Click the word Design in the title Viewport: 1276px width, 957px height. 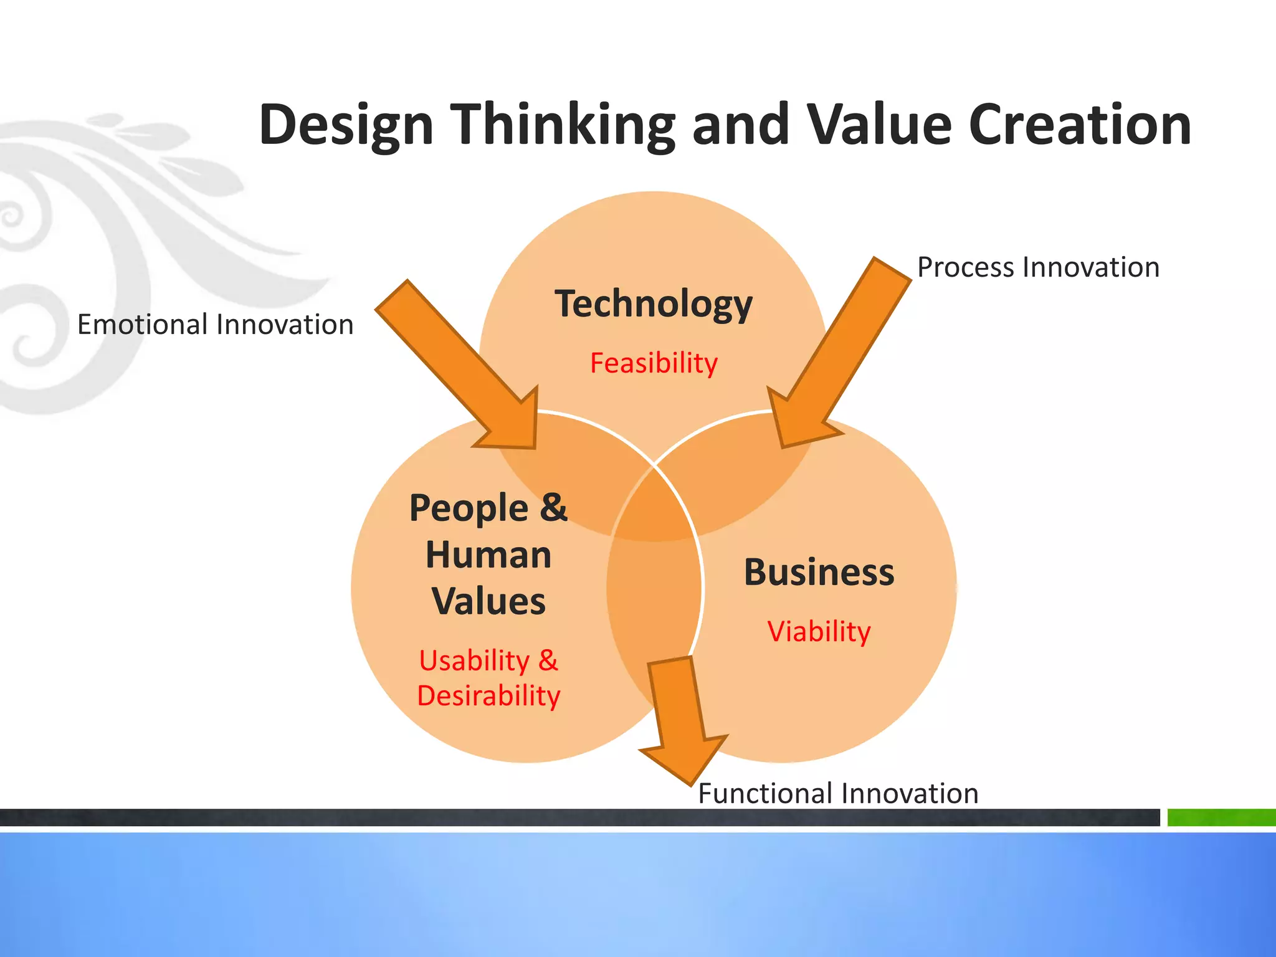click(346, 126)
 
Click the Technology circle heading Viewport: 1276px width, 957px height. click(654, 304)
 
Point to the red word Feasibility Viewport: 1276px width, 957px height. click(654, 363)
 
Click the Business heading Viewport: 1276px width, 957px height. click(819, 573)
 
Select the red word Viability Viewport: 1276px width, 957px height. click(819, 632)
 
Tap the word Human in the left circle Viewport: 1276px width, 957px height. click(488, 555)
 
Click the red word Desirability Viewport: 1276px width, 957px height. click(488, 696)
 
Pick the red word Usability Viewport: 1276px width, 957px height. click(474, 661)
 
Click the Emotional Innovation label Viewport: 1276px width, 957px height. click(215, 325)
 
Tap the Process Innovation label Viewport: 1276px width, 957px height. click(1038, 267)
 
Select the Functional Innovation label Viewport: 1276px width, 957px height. click(838, 794)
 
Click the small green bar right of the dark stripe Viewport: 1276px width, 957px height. click(1221, 817)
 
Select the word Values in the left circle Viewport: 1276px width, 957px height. click(488, 602)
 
